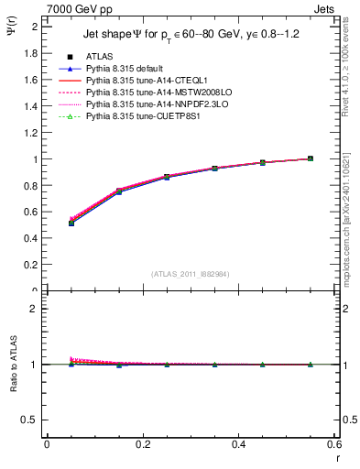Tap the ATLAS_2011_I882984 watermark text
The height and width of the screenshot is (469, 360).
[190, 273]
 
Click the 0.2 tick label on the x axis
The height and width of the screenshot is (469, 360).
[142, 444]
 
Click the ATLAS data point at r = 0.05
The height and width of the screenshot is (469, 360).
[71, 223]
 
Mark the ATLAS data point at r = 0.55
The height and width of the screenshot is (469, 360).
[311, 158]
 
